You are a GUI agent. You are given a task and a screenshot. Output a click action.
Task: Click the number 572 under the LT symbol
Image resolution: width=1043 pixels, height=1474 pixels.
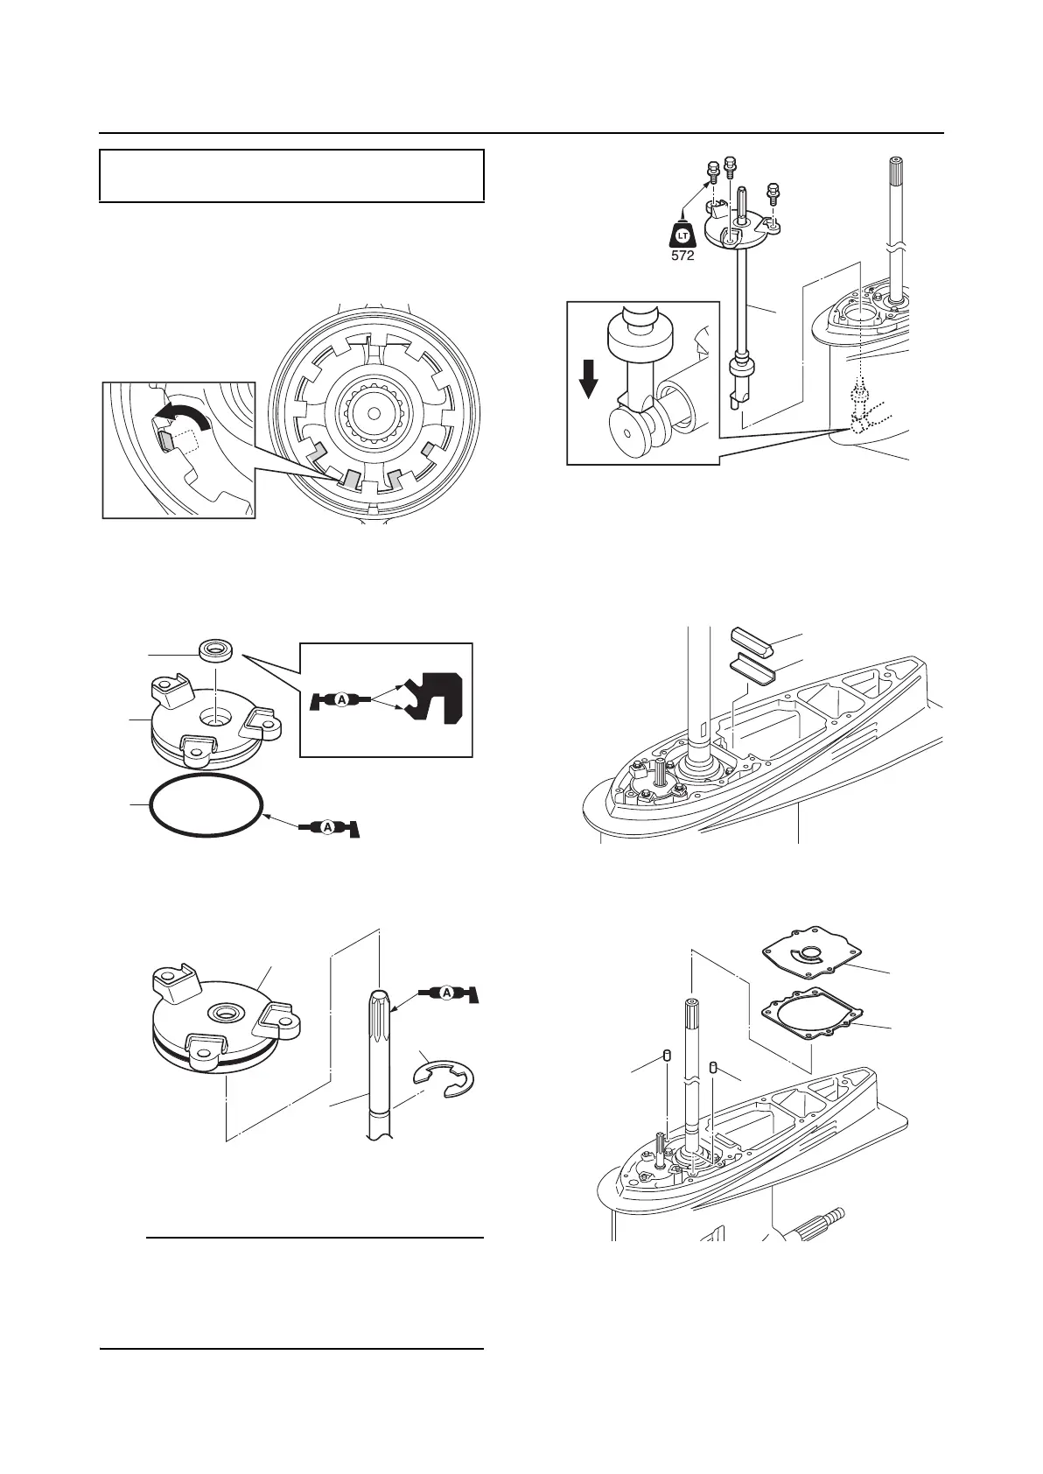pos(682,256)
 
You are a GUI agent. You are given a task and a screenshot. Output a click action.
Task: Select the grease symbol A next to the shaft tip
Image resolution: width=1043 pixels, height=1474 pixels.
pos(447,993)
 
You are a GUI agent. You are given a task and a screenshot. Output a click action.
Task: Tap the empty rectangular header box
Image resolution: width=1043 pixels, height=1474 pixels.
pos(291,175)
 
